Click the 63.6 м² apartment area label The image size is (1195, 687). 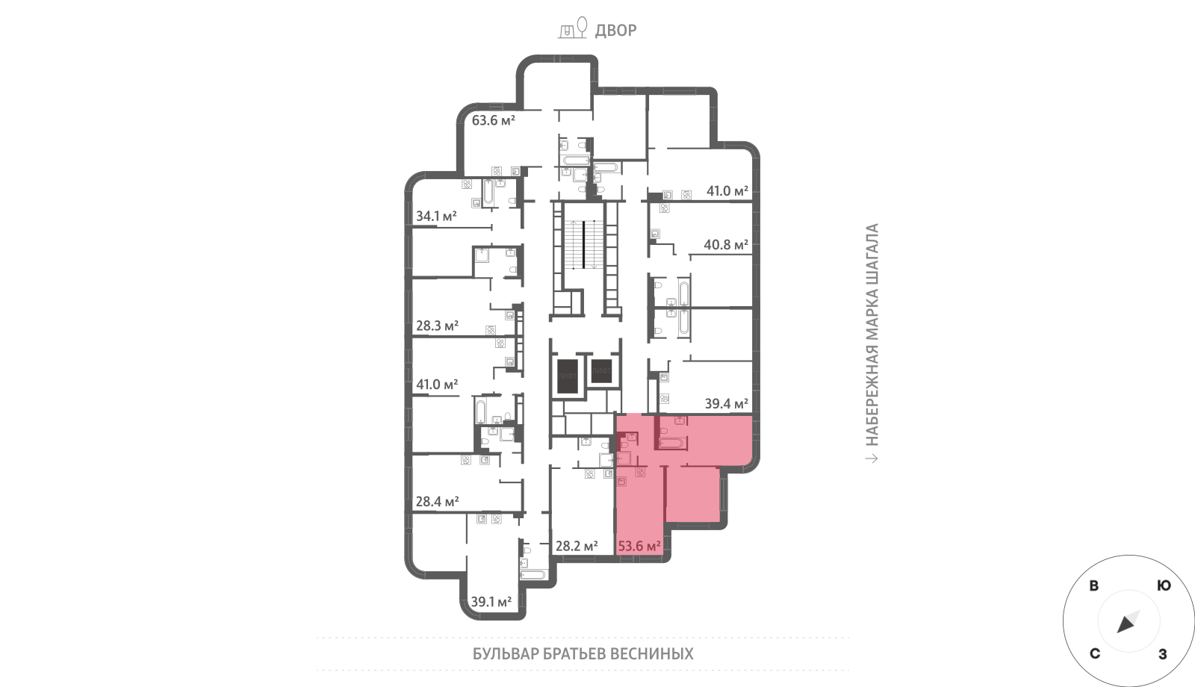(493, 120)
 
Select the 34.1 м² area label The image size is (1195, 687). (436, 216)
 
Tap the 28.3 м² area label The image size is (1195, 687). (437, 326)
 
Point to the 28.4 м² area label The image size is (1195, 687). (437, 501)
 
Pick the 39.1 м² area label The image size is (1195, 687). (491, 602)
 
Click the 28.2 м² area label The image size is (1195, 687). (577, 546)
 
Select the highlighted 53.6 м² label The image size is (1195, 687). (639, 546)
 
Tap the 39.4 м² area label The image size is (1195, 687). (727, 404)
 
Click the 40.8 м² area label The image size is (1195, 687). (726, 245)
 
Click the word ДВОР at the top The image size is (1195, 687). (615, 31)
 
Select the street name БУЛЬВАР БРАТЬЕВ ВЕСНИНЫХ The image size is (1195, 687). (583, 653)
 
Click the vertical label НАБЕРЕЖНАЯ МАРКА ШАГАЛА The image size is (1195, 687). (872, 335)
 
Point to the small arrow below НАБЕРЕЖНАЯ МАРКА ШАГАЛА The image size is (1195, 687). (872, 458)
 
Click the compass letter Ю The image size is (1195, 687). (1164, 585)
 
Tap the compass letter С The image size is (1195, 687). (1095, 653)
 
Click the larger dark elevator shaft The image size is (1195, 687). (568, 376)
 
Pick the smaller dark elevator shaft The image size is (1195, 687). (601, 370)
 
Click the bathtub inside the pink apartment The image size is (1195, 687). (671, 443)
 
